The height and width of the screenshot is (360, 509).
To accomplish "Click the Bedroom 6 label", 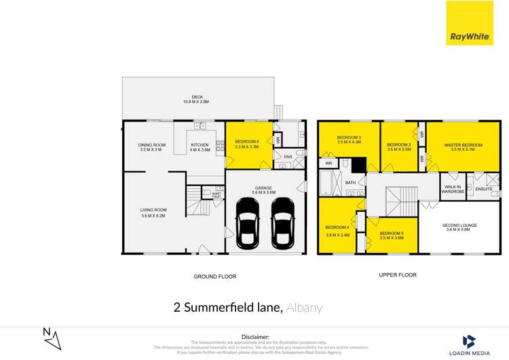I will pos(247,143).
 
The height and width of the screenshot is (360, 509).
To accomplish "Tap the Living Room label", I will pos(153,213).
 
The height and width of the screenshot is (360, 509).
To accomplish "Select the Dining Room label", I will pos(153,147).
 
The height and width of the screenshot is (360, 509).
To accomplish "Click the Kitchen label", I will pos(200,147).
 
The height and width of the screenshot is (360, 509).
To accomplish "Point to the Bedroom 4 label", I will pos(337,230).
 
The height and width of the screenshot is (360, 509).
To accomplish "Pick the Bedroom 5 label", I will pos(392,235).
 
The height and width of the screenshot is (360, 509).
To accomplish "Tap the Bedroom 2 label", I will pos(399,147).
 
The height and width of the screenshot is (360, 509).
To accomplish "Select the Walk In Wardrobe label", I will pos(453,189).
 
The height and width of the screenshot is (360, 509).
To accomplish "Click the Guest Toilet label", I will pos(216,195).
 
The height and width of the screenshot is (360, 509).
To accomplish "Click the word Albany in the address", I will pos(304,308).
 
